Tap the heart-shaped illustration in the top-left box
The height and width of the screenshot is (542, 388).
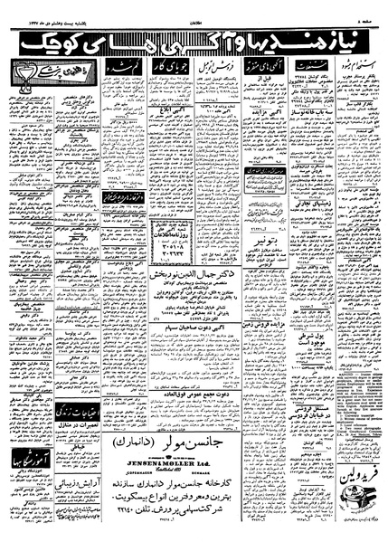coord(19,71)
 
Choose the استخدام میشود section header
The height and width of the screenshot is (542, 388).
coord(354,67)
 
